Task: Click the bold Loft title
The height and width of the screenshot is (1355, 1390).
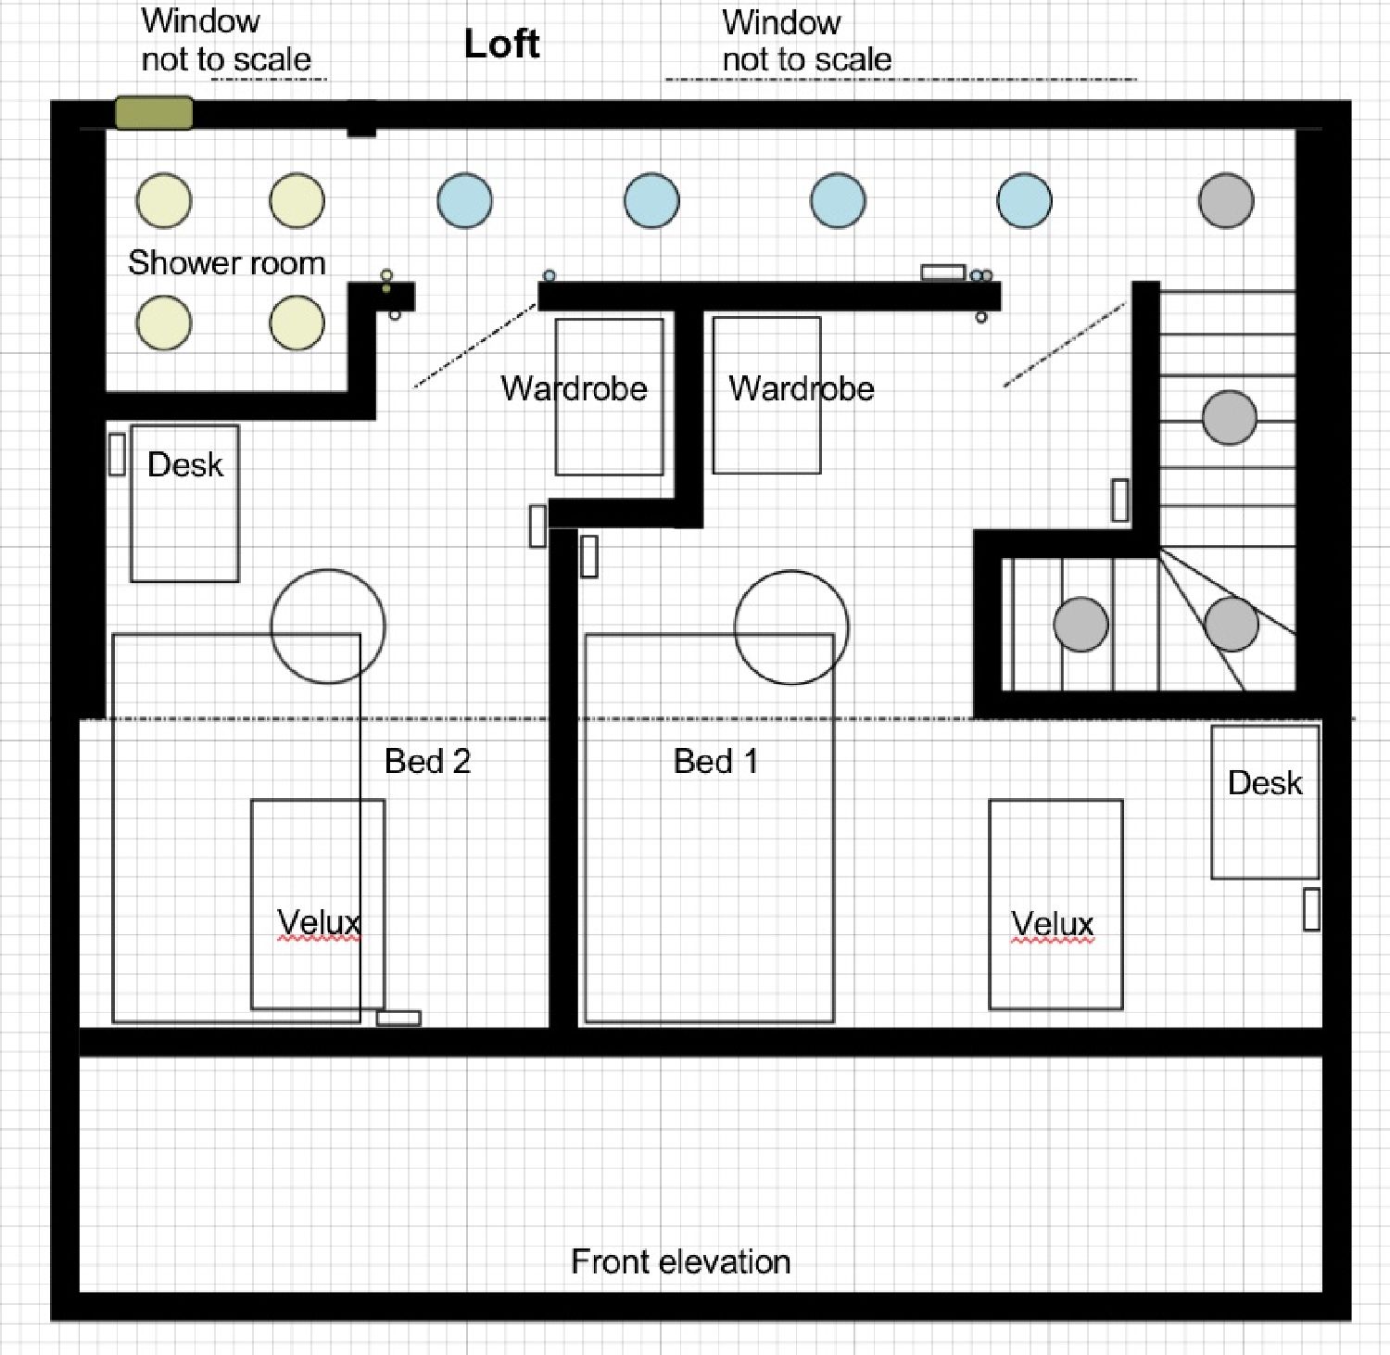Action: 501,44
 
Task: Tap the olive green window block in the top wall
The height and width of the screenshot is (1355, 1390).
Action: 154,113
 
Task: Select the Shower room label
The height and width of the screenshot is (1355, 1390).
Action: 226,263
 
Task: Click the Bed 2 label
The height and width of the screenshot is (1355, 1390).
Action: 427,762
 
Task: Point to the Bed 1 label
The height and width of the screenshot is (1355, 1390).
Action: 715,762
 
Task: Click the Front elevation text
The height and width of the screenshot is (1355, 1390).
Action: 680,1261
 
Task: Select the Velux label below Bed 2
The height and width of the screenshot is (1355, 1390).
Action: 319,923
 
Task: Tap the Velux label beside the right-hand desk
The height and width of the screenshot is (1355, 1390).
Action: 1053,924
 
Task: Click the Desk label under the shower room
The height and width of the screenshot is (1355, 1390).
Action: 185,464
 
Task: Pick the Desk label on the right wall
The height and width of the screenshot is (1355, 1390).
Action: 1265,783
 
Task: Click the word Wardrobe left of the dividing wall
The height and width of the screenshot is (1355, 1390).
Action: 574,388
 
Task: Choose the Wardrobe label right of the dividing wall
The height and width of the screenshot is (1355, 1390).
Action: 802,388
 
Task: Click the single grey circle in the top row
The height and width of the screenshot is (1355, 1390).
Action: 1226,200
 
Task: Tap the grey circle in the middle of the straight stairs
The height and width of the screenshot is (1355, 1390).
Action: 1230,417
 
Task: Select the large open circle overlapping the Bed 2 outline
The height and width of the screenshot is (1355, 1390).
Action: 328,627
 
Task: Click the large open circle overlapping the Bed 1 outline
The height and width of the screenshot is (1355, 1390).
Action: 791,627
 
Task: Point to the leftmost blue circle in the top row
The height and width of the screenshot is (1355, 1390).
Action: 464,200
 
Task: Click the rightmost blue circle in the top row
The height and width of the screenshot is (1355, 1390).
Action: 1024,200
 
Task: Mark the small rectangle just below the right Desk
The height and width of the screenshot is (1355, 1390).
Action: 1311,909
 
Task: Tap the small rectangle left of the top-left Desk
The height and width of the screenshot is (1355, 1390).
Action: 117,454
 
